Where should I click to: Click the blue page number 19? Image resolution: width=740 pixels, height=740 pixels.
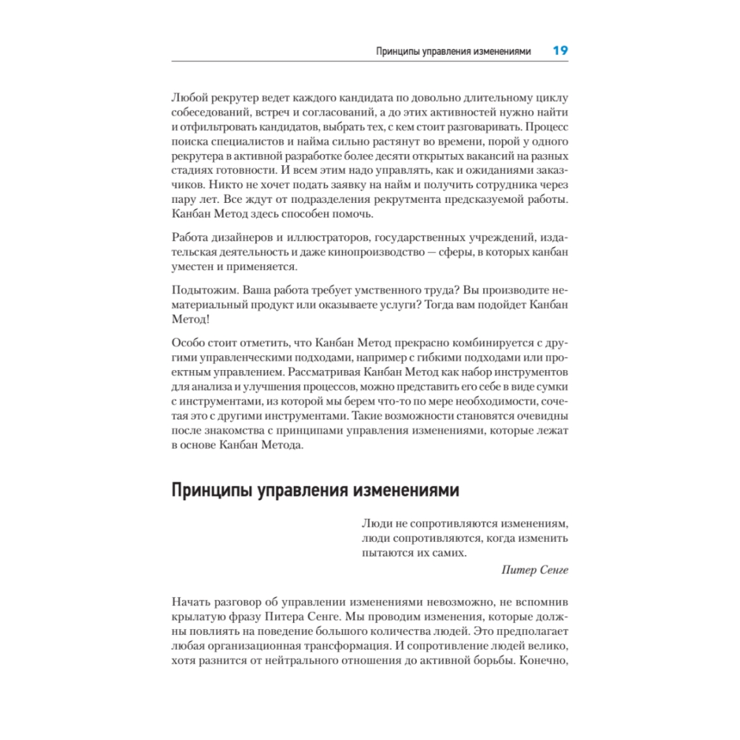pyautogui.click(x=559, y=51)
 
